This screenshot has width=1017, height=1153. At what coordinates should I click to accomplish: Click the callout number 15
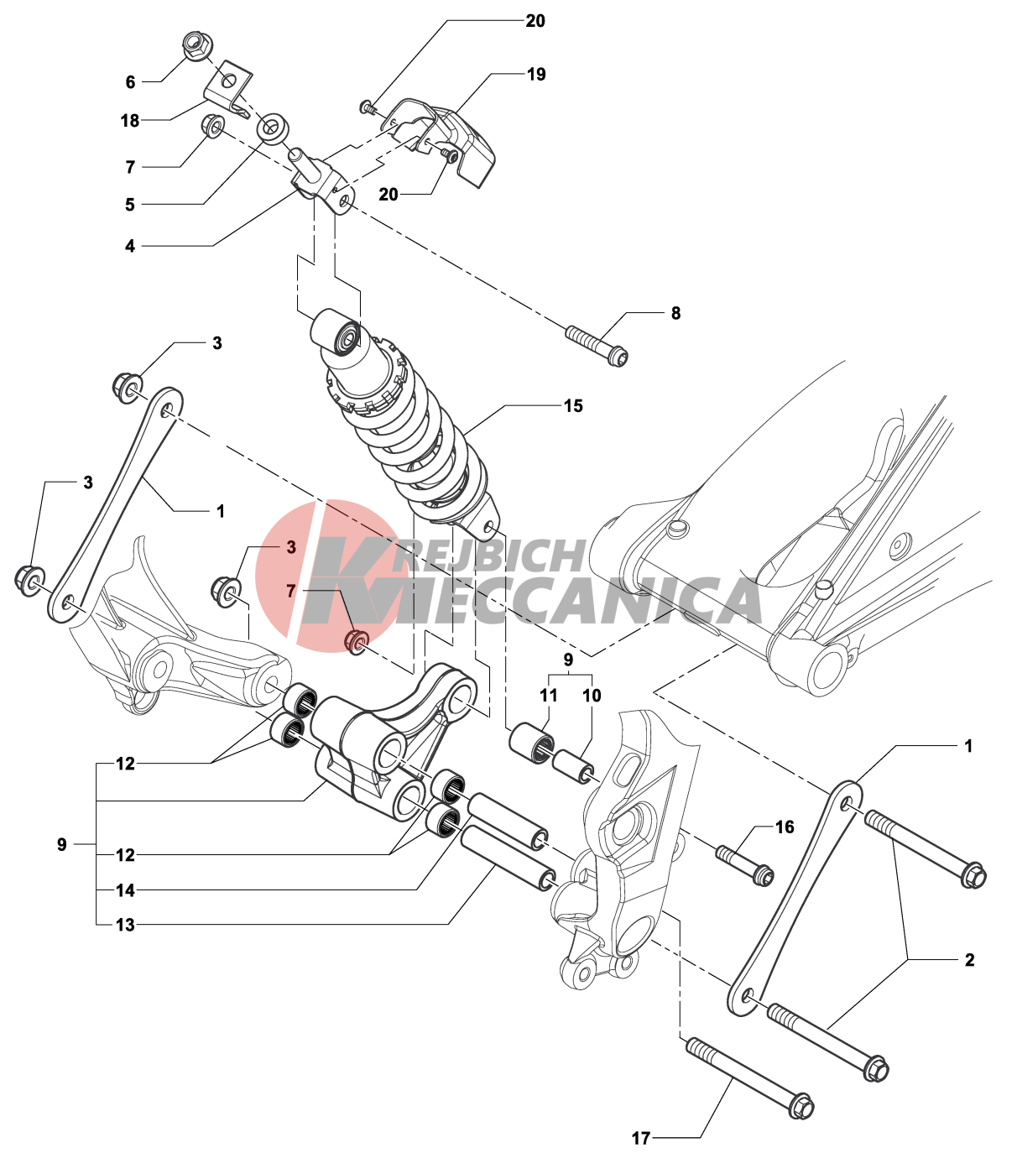click(x=573, y=406)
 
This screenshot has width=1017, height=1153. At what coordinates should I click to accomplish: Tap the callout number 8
click(x=675, y=313)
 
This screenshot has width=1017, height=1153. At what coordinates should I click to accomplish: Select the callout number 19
click(x=536, y=74)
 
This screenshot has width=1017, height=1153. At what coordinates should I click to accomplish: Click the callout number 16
click(x=785, y=827)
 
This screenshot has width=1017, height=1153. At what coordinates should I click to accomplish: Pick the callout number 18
click(x=130, y=120)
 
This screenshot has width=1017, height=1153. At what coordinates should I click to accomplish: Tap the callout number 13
click(x=125, y=925)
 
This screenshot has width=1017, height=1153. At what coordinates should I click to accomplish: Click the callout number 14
click(x=125, y=890)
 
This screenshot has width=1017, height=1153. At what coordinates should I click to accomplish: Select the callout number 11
click(x=549, y=695)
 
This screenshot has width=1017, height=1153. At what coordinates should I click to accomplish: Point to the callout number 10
click(x=592, y=695)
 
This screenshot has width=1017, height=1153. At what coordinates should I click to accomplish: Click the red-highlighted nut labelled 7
click(x=357, y=641)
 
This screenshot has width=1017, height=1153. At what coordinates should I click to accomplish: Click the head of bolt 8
click(x=618, y=358)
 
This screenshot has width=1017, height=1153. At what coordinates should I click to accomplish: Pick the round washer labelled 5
click(x=273, y=128)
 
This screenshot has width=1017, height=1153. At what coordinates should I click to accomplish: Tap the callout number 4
click(x=130, y=246)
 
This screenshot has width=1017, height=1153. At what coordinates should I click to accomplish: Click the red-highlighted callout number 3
click(x=291, y=547)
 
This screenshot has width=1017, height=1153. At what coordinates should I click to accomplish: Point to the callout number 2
click(x=970, y=960)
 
